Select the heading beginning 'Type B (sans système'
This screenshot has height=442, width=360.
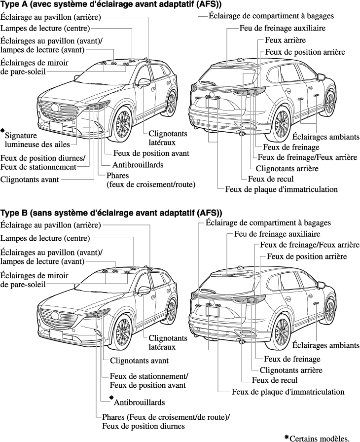coord(111,213)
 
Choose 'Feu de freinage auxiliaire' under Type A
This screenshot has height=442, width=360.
coord(283,28)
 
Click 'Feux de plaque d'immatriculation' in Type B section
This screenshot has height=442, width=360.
coord(288,392)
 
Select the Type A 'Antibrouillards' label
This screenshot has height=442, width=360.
coord(138,165)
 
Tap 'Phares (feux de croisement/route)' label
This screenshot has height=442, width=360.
coord(151,180)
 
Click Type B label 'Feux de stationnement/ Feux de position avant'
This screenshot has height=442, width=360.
coord(148,380)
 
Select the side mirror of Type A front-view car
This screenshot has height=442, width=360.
coord(144,82)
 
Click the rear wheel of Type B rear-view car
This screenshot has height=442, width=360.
coord(282,330)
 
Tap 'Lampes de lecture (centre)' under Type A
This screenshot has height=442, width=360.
coord(46,28)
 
